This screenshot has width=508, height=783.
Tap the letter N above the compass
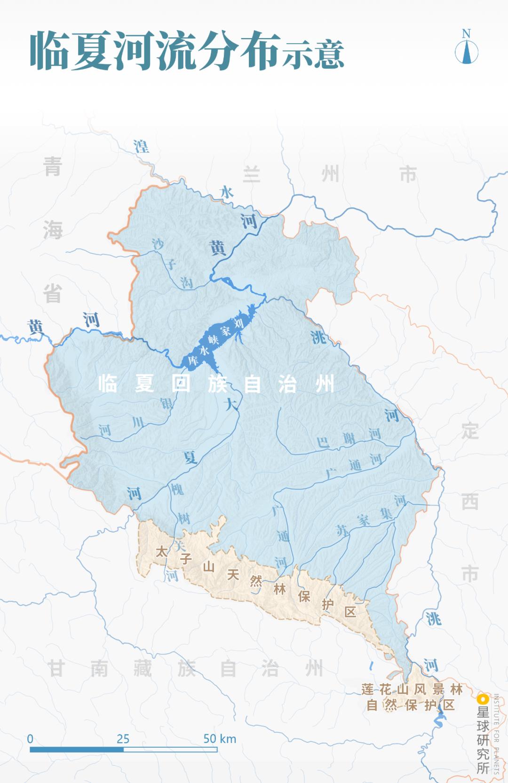(x=466, y=33)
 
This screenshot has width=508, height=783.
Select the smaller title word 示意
(x=313, y=54)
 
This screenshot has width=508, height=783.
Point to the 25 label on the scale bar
(x=123, y=738)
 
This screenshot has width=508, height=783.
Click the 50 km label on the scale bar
(x=220, y=738)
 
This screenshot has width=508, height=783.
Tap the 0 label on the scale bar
(x=30, y=738)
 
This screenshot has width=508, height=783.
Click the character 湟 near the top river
(x=141, y=146)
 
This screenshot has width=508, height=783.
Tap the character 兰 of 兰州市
(x=252, y=174)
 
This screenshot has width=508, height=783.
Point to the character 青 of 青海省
(x=53, y=167)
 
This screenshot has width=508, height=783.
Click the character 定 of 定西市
(x=469, y=431)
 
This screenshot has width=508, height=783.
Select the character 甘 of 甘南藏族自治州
(x=56, y=668)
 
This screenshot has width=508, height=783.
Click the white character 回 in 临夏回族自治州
(x=181, y=384)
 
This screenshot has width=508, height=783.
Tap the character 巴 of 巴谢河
(x=323, y=442)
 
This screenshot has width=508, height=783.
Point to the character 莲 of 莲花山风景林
(x=367, y=689)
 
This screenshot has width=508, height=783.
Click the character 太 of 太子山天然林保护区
(x=161, y=551)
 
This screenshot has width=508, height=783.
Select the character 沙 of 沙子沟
(x=158, y=243)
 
